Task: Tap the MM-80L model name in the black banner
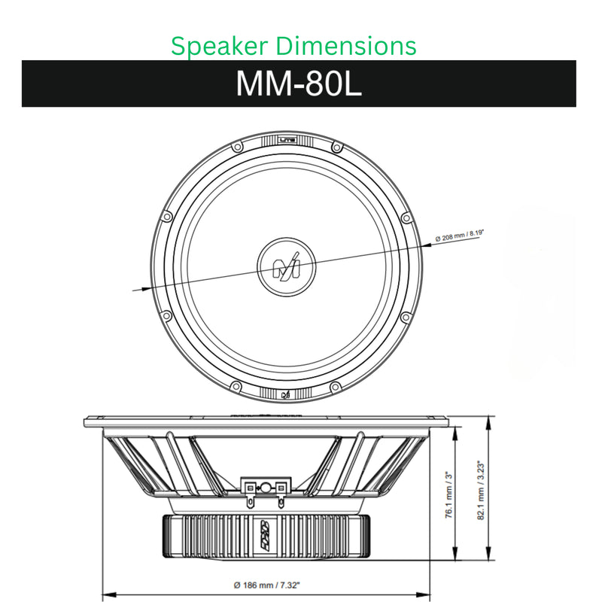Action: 299,84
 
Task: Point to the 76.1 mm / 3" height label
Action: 448,495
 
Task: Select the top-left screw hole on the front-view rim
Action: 236,149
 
